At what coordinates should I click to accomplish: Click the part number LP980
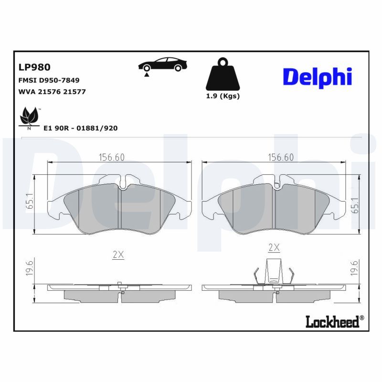(x=34, y=68)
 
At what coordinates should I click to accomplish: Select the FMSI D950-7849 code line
(x=49, y=80)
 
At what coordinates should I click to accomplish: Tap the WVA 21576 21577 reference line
(x=52, y=92)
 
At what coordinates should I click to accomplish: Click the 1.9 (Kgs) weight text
(x=223, y=96)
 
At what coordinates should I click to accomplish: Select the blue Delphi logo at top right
(x=317, y=76)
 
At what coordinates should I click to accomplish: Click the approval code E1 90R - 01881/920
(x=80, y=128)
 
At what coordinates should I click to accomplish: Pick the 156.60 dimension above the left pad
(x=111, y=158)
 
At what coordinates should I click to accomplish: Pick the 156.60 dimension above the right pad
(x=280, y=158)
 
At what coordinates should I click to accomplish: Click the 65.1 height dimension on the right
(x=354, y=204)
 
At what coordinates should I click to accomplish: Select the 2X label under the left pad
(x=118, y=255)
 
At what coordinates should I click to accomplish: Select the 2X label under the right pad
(x=274, y=247)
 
